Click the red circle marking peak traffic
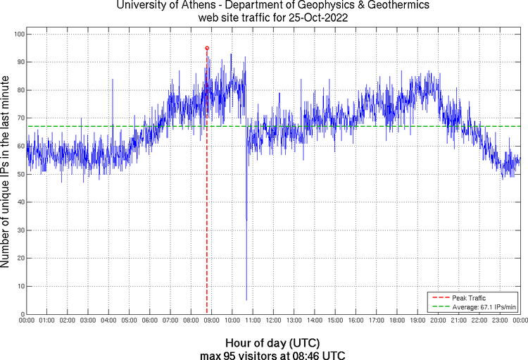[x=206, y=48]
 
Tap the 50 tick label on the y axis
[x=19, y=174]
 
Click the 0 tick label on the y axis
[x=21, y=314]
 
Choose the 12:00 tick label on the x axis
[x=272, y=321]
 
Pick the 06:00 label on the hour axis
[x=149, y=321]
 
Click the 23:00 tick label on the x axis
[x=498, y=321]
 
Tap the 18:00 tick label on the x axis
[x=396, y=321]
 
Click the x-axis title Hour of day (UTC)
[x=272, y=342]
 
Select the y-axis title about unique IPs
[x=6, y=173]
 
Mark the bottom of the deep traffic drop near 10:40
[x=246, y=300]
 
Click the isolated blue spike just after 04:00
[x=112, y=80]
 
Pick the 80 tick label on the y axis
[x=19, y=90]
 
